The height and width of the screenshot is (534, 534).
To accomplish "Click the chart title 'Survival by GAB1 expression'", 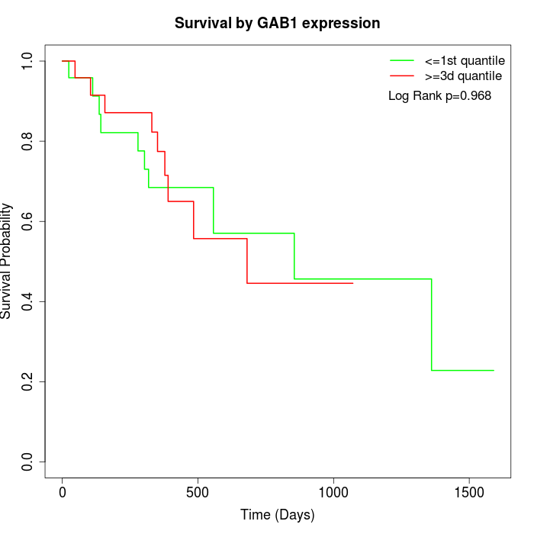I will tap(277, 23).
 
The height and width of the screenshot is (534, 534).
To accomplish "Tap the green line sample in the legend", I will tap(402, 60).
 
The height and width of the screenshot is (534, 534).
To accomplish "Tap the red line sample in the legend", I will tap(402, 76).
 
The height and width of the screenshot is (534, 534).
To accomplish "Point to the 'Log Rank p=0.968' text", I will tap(439, 96).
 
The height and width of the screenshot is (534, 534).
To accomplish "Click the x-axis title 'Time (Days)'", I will tap(277, 515).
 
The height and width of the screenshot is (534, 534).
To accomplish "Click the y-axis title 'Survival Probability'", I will tap(7, 260).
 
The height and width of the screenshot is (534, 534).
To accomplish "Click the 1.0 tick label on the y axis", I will tap(27, 61).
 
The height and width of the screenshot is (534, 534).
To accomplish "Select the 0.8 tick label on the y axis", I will tap(27, 141).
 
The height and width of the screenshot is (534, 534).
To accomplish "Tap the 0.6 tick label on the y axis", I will tap(27, 221).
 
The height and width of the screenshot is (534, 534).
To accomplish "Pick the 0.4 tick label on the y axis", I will tap(27, 301).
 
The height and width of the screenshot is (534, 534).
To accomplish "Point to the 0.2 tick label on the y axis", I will tap(27, 381).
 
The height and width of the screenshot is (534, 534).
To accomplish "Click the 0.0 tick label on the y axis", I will tap(27, 462).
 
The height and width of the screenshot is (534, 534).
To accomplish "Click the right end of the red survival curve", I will tap(352, 283).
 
